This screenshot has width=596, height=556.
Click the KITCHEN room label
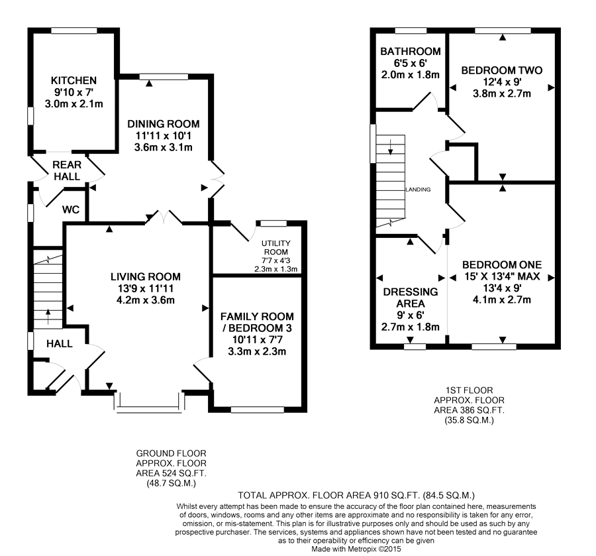(74, 81)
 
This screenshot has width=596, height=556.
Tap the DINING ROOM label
(164, 124)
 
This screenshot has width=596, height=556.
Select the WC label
(71, 209)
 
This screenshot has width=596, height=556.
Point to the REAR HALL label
(67, 171)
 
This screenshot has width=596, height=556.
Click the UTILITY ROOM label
(276, 248)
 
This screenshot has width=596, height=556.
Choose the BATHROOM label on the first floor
(411, 51)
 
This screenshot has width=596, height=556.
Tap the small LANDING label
(418, 190)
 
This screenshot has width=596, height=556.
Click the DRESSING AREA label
(411, 298)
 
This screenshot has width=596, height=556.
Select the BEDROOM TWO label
(502, 70)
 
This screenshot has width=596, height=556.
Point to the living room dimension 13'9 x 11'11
(146, 289)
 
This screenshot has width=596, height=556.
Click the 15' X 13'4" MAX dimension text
(502, 276)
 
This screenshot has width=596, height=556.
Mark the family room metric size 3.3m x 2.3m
(257, 351)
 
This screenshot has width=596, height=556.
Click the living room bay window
(149, 401)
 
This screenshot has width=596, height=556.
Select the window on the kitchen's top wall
(74, 30)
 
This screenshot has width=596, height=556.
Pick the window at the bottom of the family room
(258, 410)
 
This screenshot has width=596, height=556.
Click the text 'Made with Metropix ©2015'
(356, 549)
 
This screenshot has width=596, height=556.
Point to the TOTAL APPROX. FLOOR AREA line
(356, 495)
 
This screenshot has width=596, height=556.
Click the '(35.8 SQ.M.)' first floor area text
(469, 421)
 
